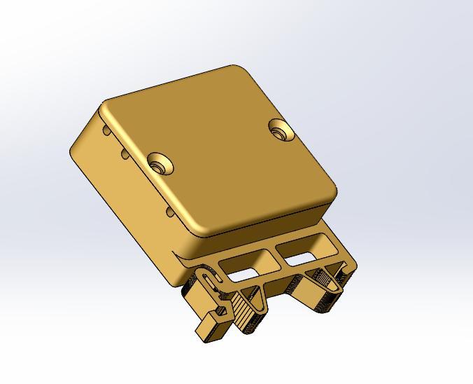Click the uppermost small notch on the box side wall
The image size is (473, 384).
click(x=106, y=130)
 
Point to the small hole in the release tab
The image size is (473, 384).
click(x=223, y=308)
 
